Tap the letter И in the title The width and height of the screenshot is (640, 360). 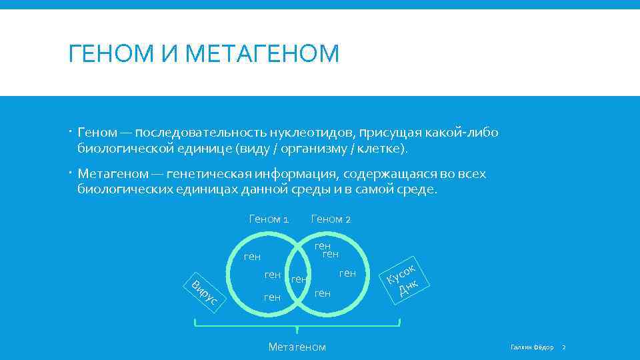coord(172,53)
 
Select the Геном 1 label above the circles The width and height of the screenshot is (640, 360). coord(269,219)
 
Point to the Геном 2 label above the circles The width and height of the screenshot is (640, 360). coord(331,219)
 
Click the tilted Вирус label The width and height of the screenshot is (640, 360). coord(204,293)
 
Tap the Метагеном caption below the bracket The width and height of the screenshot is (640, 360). coord(297,346)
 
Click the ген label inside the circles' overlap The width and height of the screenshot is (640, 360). coord(300,279)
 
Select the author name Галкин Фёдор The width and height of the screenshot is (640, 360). coord(531,347)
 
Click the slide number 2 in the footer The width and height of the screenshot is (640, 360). coord(563,347)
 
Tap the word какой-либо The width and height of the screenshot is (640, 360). coord(466,133)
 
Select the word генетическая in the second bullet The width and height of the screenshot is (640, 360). coord(210,174)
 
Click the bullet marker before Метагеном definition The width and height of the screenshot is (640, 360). coord(71,174)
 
